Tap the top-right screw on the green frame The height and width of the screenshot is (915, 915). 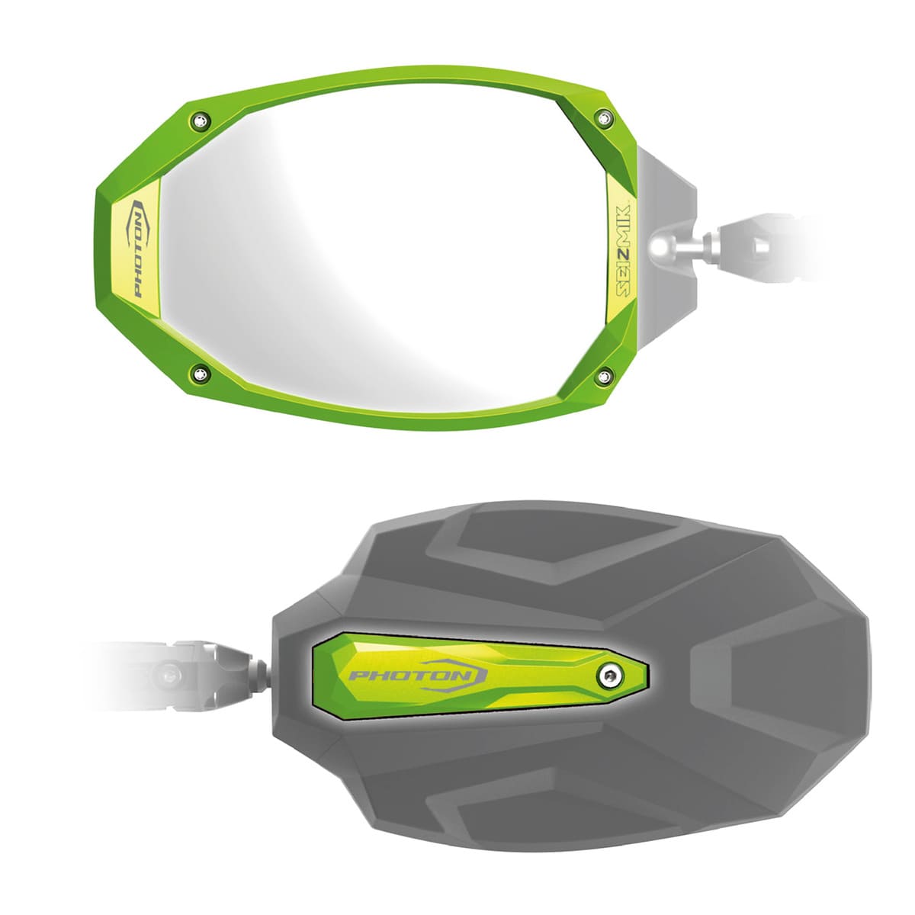pos(605,117)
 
